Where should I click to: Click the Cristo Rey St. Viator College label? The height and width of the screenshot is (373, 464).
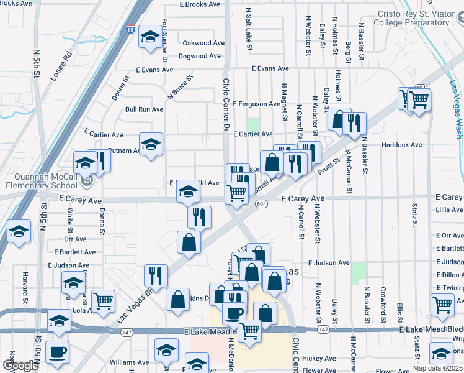coord(414,19)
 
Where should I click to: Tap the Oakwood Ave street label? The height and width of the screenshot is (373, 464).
coord(203,44)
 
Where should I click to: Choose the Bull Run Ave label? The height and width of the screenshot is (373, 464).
coord(144,109)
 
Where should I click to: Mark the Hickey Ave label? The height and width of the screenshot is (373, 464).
coord(319,359)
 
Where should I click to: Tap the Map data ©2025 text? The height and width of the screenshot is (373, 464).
coord(438,368)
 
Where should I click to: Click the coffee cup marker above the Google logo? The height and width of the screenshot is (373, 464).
coord(58,352)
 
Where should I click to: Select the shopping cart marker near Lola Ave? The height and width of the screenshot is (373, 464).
coord(103,301)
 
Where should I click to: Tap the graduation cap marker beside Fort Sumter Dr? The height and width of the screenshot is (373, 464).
coord(150,37)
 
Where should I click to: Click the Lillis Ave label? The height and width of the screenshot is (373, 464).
coord(449,210)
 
